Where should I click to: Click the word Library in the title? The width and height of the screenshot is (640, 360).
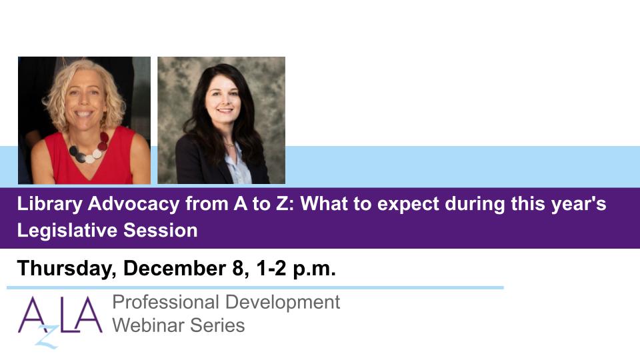[x=50, y=204]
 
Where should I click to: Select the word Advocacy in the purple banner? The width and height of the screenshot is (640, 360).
[x=133, y=204]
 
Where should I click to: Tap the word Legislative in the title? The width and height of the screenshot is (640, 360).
[x=67, y=231]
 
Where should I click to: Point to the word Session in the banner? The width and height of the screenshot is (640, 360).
[x=161, y=231]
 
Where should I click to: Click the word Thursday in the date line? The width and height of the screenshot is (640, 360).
[x=67, y=269]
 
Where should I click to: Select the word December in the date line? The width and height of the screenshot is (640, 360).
[x=175, y=269]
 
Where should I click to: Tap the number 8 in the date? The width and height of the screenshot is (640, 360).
[x=238, y=269]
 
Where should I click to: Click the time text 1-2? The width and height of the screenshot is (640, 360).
[x=271, y=269]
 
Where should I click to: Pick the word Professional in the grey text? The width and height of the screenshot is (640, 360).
[x=166, y=303]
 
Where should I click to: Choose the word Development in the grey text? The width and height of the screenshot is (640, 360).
[x=283, y=303]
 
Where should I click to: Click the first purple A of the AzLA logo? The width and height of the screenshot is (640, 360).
[x=32, y=315]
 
